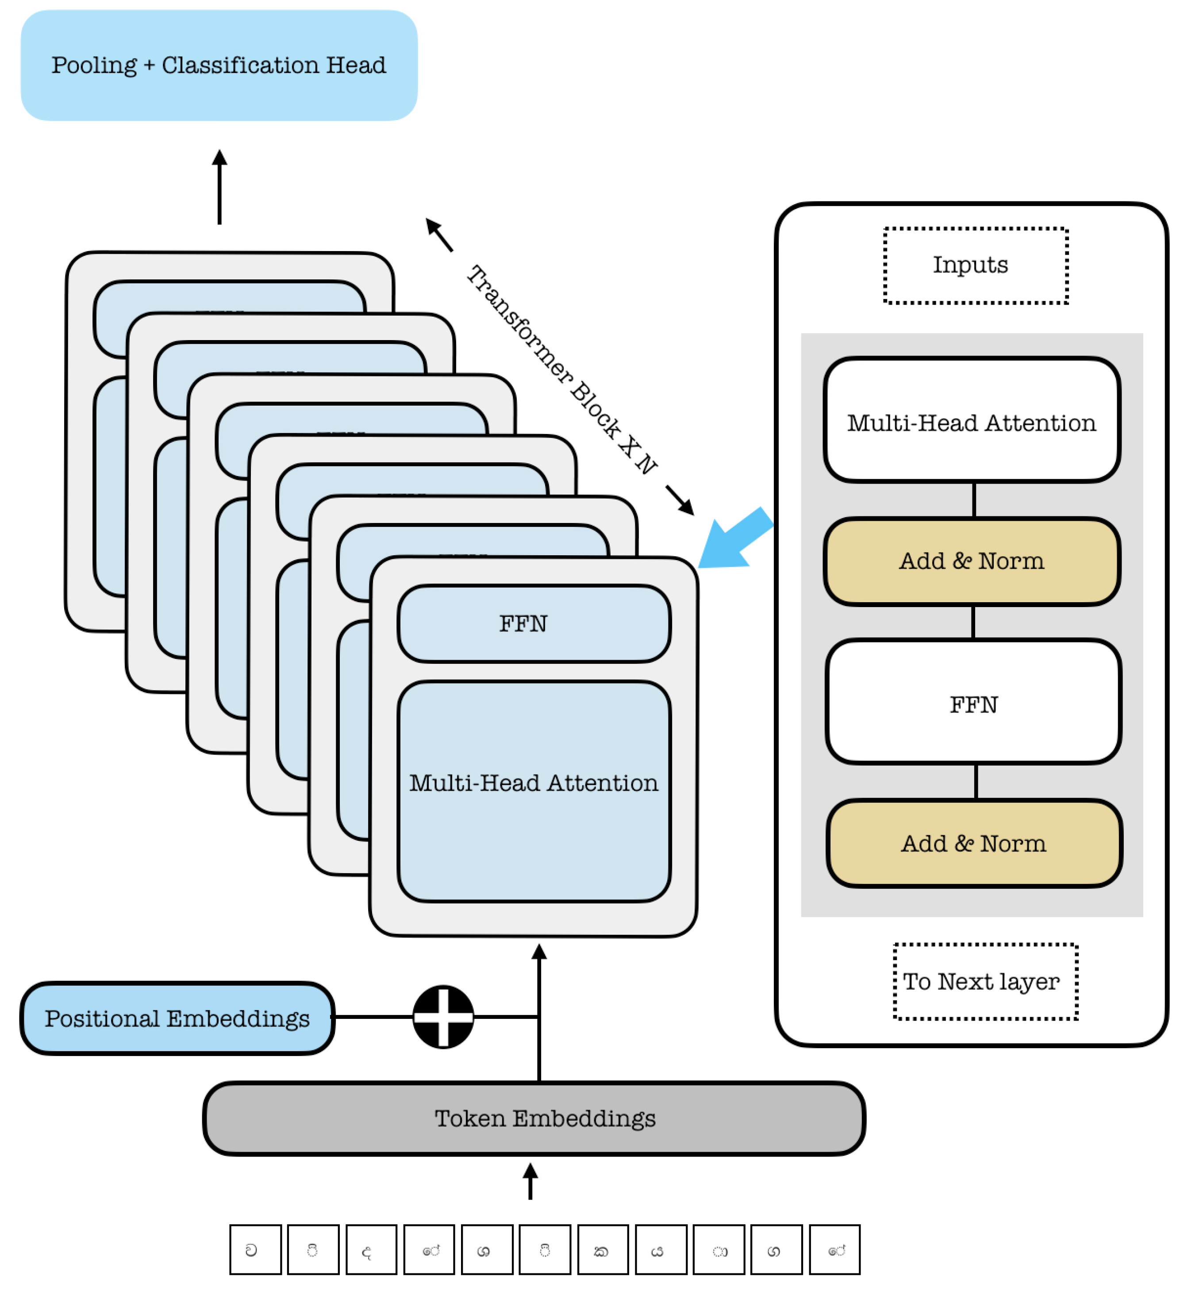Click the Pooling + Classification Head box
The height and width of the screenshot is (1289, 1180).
[x=219, y=65]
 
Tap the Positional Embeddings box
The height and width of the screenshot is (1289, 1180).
[x=177, y=1018]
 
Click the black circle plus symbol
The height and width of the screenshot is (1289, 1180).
[x=443, y=1017]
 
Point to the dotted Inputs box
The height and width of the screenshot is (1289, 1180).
[x=976, y=265]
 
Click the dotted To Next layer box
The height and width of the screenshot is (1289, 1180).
[x=985, y=981]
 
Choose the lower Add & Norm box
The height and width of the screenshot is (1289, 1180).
[x=974, y=844]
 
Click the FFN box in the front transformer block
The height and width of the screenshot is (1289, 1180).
[x=534, y=623]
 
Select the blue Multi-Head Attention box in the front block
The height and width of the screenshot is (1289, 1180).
[x=534, y=792]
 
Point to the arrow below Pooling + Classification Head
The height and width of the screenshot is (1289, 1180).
[x=220, y=187]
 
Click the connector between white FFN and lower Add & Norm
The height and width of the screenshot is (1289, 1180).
[x=976, y=782]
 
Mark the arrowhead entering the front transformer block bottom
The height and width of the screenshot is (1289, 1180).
[x=539, y=952]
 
